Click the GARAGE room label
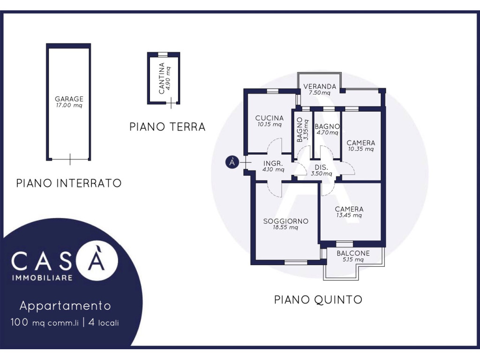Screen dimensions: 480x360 click(69, 99)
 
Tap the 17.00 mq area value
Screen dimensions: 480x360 click(69, 105)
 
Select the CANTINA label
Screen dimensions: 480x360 click(162, 78)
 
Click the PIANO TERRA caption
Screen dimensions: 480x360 click(167, 127)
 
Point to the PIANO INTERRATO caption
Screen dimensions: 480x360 click(69, 183)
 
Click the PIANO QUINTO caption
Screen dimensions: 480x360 click(318, 300)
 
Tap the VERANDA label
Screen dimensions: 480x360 click(320, 86)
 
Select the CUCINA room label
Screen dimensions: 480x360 click(270, 118)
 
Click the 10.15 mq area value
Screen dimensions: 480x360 click(270, 124)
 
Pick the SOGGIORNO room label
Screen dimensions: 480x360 click(285, 221)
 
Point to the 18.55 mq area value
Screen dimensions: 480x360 click(285, 227)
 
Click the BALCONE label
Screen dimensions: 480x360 click(353, 253)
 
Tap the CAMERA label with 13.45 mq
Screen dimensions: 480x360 click(349, 209)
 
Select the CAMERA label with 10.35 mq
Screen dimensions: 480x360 click(360, 142)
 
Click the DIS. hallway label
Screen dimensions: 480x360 click(322, 167)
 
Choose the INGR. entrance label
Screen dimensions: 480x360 click(273, 164)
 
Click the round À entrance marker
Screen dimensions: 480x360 click(232, 162)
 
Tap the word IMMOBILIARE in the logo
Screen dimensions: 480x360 click(42, 278)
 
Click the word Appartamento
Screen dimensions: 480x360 click(65, 306)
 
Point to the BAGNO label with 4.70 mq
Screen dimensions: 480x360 click(327, 127)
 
